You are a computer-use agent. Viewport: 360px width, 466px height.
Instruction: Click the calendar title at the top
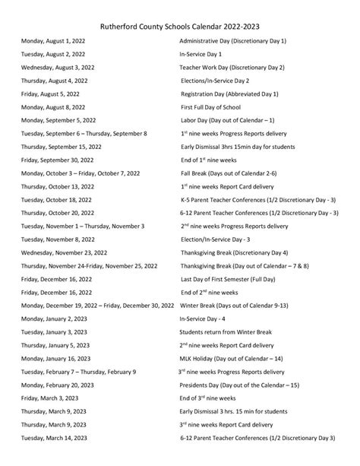[x=180, y=24]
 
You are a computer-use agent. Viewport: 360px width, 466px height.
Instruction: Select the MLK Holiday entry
[x=231, y=359]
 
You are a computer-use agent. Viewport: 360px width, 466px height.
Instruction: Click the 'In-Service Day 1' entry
[x=201, y=53]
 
